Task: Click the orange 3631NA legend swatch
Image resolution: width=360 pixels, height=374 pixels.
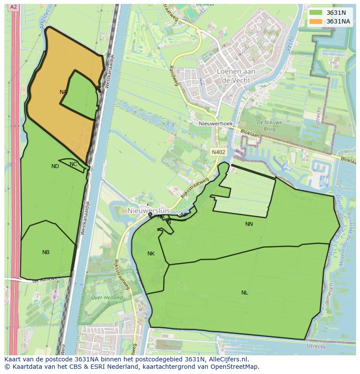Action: tap(316, 21)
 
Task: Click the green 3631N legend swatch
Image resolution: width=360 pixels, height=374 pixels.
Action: tap(316, 13)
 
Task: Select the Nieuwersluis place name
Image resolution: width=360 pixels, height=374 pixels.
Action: tap(147, 211)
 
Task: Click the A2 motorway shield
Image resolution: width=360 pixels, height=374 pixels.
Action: tap(13, 7)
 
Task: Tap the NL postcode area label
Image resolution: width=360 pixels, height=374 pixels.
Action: tap(244, 293)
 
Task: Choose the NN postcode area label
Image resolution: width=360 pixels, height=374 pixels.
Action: tap(249, 224)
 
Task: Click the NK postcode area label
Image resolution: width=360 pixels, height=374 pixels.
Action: tap(151, 254)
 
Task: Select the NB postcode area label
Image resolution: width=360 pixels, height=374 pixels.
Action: tap(46, 252)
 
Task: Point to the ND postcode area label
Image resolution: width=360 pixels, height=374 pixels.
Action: tap(55, 166)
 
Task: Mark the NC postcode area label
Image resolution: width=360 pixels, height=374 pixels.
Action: tap(73, 164)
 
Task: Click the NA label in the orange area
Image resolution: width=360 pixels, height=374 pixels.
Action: tap(63, 92)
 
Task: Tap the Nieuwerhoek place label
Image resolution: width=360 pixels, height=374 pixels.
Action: tap(215, 124)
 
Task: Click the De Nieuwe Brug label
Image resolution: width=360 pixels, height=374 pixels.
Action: tap(270, 126)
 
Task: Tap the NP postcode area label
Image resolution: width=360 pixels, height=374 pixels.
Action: tap(184, 215)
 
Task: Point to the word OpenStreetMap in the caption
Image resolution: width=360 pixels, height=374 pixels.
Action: tap(235, 367)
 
